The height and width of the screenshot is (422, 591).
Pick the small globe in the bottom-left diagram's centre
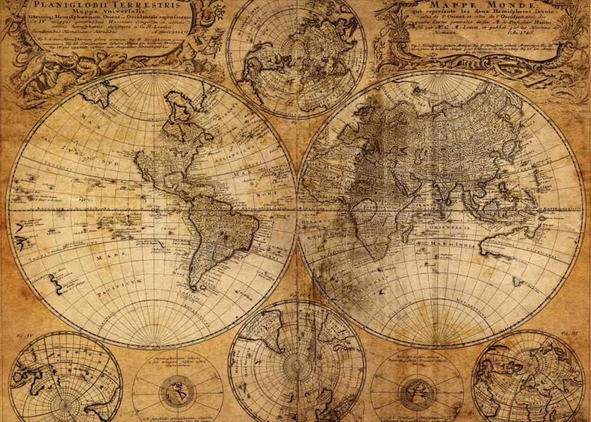coord(177,392)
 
